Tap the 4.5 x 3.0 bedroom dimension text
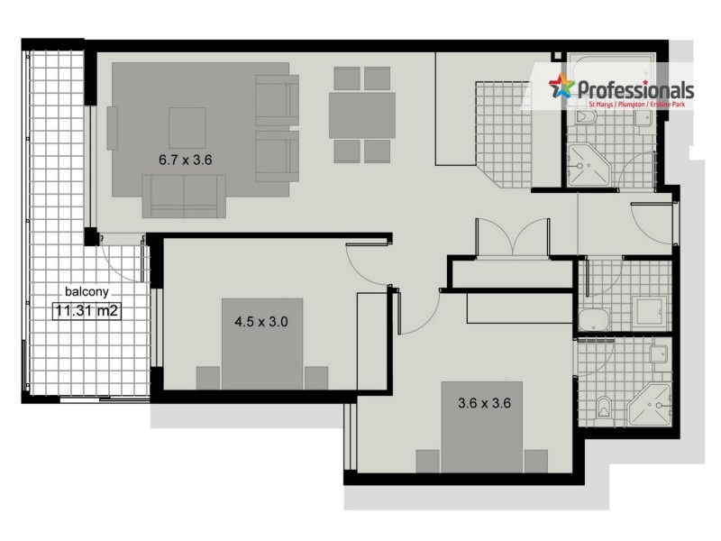point(260,320)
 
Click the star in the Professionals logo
point(561,87)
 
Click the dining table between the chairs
point(361,115)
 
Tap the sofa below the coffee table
point(184,196)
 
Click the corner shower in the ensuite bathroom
point(649,404)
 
